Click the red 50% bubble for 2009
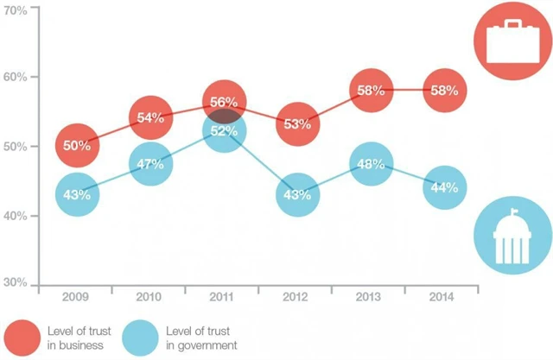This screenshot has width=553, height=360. coord(77,145)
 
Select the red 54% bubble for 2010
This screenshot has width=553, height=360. coord(150,117)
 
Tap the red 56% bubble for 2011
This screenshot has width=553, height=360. coord(223,102)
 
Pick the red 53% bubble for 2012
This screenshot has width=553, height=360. coord(296,123)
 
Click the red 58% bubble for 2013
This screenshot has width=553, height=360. coord(370,90)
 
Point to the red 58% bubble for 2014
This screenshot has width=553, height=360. coord(443,90)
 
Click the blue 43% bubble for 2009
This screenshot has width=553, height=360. coord(77,194)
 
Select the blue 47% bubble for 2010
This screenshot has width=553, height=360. coord(150,164)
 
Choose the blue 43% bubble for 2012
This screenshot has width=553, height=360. coord(296,194)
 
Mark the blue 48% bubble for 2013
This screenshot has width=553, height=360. coord(370,164)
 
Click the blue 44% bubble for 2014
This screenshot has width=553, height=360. coord(443,187)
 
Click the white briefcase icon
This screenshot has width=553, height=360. coord(513,40)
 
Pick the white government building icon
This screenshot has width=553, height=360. coord(513,236)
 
